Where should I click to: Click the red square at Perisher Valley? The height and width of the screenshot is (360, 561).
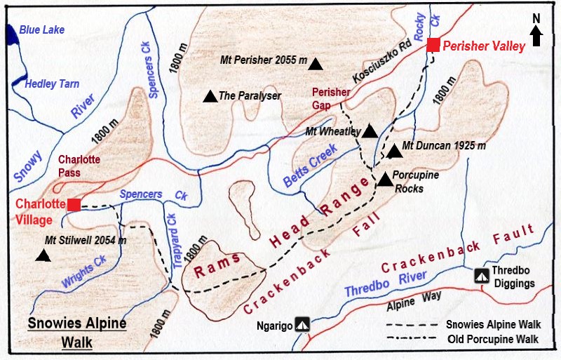click(x=433, y=45)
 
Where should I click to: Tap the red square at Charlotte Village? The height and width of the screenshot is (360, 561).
click(x=73, y=205)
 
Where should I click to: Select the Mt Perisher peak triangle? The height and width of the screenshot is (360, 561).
click(x=317, y=64)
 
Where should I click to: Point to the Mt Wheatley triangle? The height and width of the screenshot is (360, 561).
click(x=370, y=131)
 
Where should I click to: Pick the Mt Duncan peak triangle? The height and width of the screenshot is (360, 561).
click(x=395, y=150)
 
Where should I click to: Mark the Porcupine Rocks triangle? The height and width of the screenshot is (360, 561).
click(x=385, y=180)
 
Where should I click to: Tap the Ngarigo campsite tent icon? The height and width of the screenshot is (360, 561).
click(x=302, y=324)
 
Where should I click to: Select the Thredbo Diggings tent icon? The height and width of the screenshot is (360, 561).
click(x=482, y=276)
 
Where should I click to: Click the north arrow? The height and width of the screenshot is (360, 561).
click(x=536, y=34)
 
